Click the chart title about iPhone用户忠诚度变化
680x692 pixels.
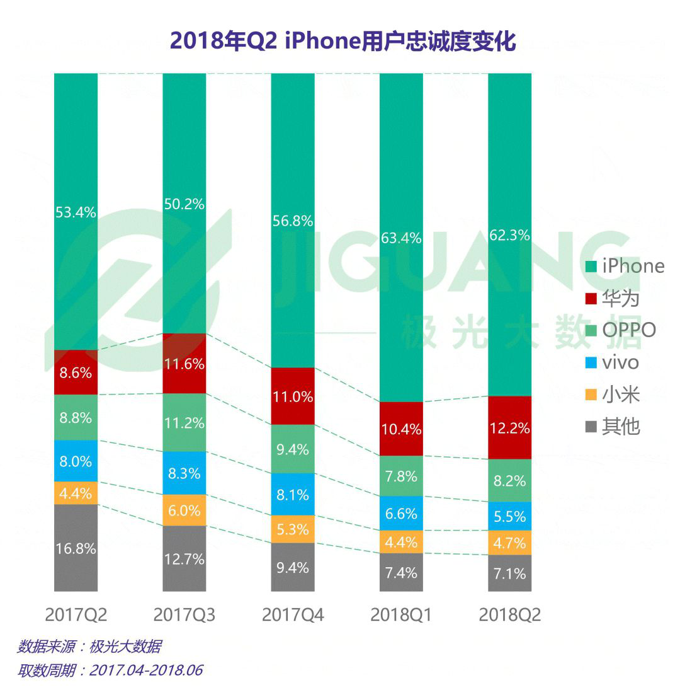343,41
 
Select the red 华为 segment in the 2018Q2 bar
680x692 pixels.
510,428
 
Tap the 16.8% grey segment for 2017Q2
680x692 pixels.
76,548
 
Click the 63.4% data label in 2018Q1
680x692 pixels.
401,238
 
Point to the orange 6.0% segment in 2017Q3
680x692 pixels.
184,510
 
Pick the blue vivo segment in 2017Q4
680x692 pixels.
293,494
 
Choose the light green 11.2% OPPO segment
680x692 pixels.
184,422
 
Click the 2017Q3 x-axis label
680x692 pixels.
184,614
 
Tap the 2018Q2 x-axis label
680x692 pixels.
510,614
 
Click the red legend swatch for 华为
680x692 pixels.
590,297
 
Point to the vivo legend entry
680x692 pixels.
620,362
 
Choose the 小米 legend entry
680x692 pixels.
620,395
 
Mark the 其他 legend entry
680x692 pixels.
620,427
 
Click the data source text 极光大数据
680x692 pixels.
125,647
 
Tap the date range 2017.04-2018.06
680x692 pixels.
146,670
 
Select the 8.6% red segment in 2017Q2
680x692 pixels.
76,372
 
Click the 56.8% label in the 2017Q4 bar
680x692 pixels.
293,221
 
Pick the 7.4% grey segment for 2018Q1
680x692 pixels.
401,573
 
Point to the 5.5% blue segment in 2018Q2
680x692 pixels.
510,516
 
